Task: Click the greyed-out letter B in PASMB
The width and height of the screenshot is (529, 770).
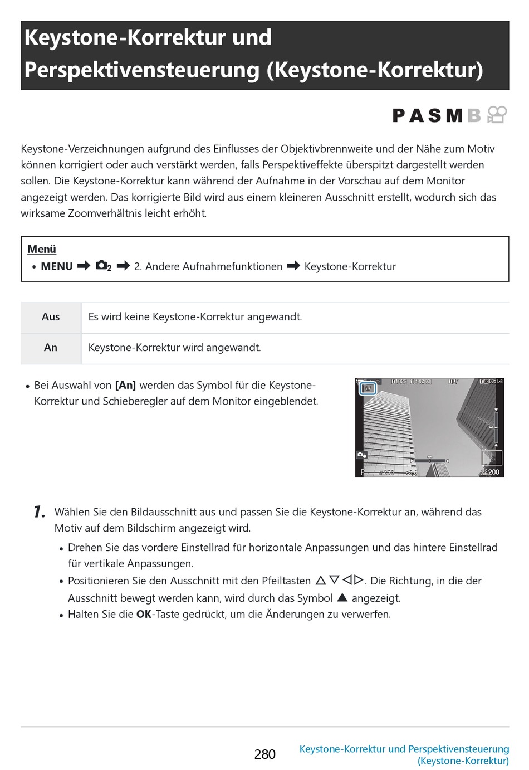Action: (474, 115)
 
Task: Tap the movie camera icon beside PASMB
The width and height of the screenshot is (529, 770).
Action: (497, 115)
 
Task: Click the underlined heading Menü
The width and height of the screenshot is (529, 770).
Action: (42, 249)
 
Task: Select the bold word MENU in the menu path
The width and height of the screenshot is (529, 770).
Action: (57, 266)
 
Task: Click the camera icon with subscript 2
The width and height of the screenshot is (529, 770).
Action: (104, 266)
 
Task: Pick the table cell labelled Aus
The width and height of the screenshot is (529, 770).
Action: (51, 317)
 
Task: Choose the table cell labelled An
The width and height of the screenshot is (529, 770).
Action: (51, 348)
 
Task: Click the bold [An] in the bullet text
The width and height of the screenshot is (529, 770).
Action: (125, 385)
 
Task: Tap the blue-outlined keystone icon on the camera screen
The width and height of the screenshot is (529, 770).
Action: (368, 388)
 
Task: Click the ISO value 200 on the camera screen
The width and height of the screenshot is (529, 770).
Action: (493, 472)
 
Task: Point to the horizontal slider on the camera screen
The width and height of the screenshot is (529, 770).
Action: (429, 461)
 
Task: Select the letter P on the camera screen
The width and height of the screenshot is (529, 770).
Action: (363, 472)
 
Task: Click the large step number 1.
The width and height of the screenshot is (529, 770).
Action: (39, 511)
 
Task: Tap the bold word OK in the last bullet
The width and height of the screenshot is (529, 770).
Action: (144, 614)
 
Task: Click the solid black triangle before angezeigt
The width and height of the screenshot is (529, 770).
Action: (342, 597)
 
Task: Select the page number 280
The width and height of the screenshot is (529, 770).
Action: (264, 754)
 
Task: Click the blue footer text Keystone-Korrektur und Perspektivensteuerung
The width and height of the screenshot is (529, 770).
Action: (404, 749)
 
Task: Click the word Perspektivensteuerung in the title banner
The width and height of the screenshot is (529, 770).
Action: (142, 70)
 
